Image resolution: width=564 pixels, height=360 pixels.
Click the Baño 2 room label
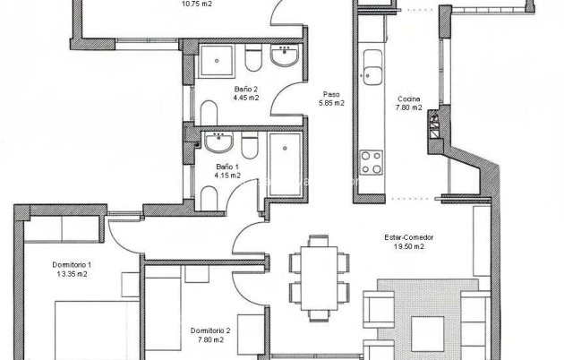[x=246, y=90]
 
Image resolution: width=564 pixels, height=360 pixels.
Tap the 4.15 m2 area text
[x=228, y=176]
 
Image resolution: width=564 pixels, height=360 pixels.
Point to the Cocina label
[x=409, y=99]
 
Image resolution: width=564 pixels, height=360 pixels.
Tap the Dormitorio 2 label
[x=211, y=330]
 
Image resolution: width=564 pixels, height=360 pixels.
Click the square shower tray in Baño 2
[x=216, y=60]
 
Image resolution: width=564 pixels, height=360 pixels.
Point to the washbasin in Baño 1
[x=218, y=142]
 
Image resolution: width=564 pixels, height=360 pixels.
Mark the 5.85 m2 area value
[x=331, y=103]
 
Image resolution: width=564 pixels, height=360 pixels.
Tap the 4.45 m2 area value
[x=246, y=99]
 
